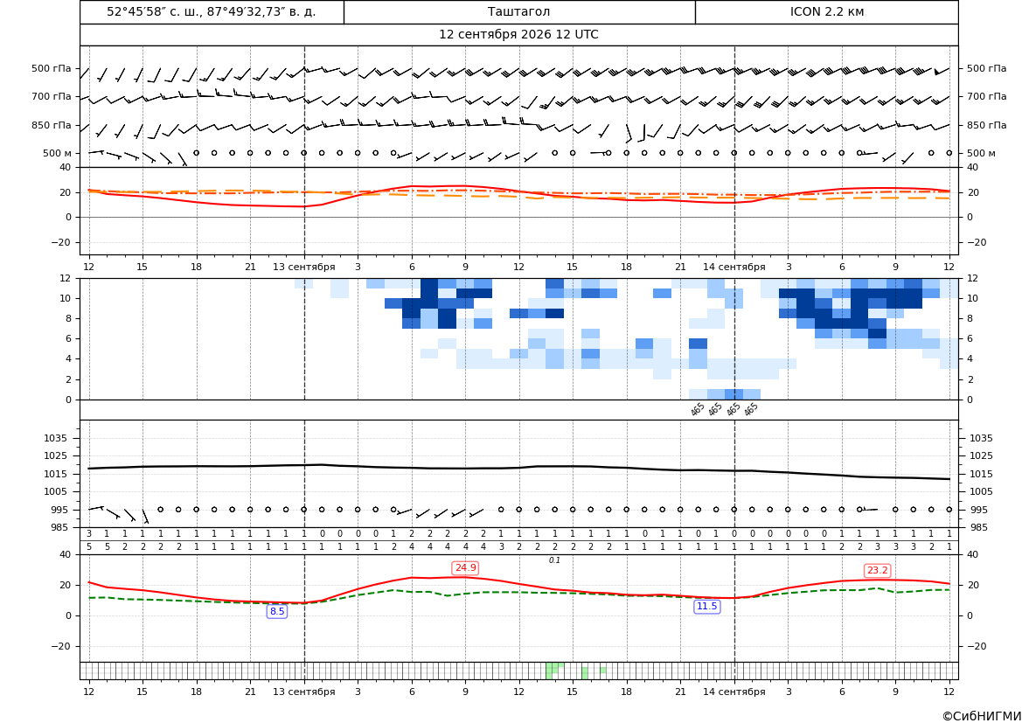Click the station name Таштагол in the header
point(518,11)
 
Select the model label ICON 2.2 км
point(827,11)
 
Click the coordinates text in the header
point(212,11)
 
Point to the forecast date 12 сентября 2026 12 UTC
point(518,35)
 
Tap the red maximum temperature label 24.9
point(465,568)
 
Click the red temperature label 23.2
point(877,571)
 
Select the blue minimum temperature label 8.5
point(277,611)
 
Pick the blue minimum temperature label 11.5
point(706,607)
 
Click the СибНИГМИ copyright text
point(982,716)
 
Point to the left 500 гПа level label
point(52,68)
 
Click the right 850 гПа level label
point(987,125)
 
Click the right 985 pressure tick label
point(982,527)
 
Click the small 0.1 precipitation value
point(554,560)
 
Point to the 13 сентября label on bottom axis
point(303,692)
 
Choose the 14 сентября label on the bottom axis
point(733,692)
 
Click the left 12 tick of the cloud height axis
point(66,278)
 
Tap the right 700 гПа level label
point(987,96)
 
